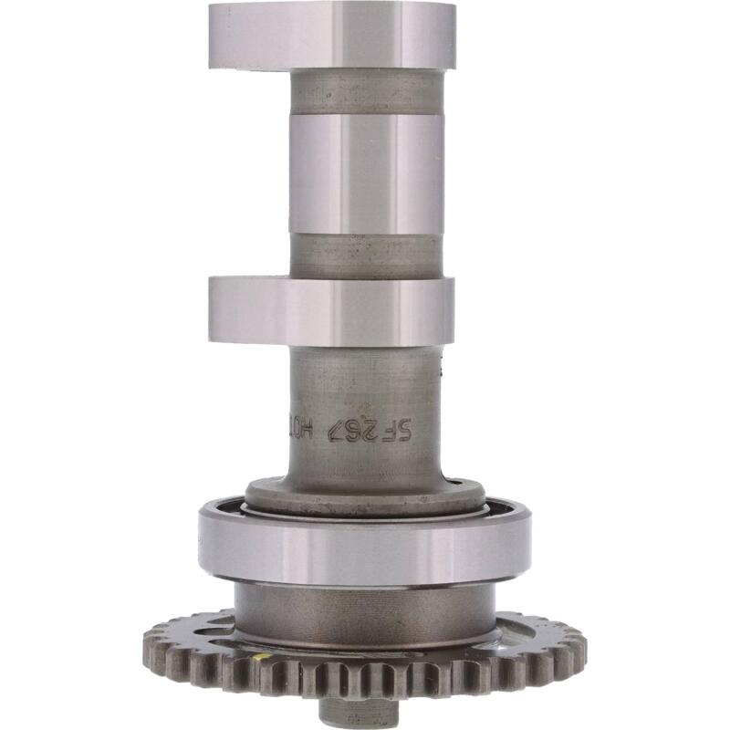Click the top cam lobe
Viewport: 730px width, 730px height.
tap(331, 36)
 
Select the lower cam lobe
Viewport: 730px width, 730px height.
tap(331, 310)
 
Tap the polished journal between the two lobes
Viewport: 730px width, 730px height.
tap(365, 173)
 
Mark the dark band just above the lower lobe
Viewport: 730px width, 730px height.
tap(365, 255)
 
